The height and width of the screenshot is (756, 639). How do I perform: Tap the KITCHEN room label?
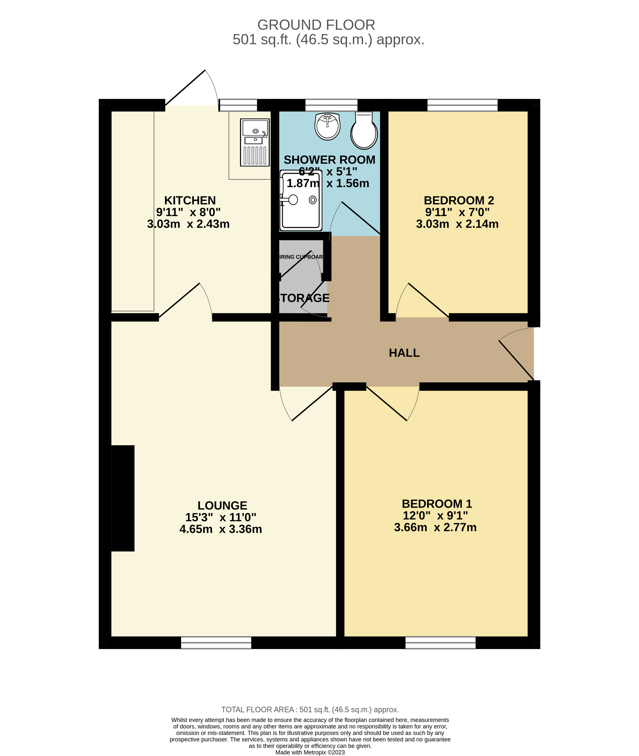click(190, 200)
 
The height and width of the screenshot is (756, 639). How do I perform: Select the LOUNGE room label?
click(222, 505)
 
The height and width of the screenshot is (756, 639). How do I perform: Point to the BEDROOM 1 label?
click(437, 503)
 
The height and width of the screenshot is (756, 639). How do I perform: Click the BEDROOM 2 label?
click(459, 200)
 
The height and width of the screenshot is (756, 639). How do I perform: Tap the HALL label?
click(404, 353)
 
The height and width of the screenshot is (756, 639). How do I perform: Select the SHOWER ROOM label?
click(329, 160)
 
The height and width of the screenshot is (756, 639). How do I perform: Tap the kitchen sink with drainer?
click(255, 142)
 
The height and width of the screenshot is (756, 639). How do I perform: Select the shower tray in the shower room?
click(300, 200)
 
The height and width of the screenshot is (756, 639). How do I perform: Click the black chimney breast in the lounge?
click(123, 498)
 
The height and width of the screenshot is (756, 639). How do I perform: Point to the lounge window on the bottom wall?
click(216, 642)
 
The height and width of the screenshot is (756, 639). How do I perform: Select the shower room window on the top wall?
click(331, 105)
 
